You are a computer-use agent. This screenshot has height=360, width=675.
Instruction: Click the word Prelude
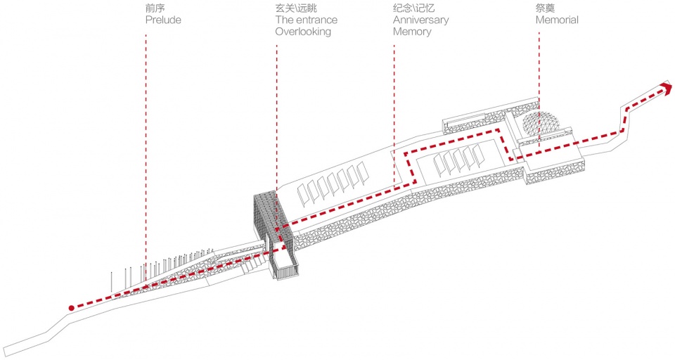[163, 20]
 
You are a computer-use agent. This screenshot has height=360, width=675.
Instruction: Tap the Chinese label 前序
[155, 8]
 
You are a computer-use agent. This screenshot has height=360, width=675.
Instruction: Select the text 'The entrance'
[306, 20]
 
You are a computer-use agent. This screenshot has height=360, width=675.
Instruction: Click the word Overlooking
[303, 32]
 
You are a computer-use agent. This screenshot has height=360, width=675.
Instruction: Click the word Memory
[412, 32]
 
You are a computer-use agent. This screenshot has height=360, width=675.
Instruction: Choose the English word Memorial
[557, 20]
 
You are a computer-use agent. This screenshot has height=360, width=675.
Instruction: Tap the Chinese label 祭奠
[545, 8]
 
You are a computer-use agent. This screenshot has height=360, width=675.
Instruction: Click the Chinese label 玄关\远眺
[296, 8]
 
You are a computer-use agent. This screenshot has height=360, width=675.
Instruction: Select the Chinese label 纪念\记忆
[413, 8]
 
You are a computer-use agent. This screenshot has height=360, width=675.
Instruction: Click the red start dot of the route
[72, 308]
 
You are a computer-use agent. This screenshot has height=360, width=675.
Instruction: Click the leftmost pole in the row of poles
[112, 285]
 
